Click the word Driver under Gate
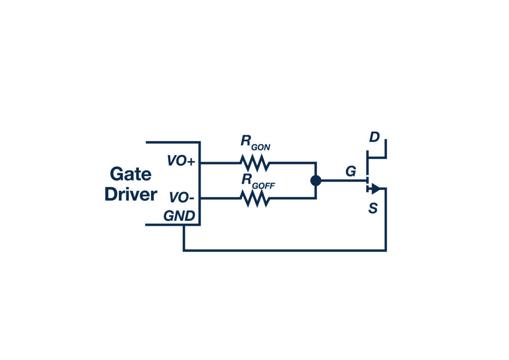(131, 195)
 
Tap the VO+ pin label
(181, 161)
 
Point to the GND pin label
(179, 216)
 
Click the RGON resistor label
(255, 143)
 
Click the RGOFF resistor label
(258, 181)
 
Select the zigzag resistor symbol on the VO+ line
(255, 163)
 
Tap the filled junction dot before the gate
(316, 181)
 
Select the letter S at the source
(373, 208)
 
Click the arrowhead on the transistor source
(375, 189)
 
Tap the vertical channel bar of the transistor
(367, 172)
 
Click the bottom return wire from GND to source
(286, 250)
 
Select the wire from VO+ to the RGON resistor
(219, 163)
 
